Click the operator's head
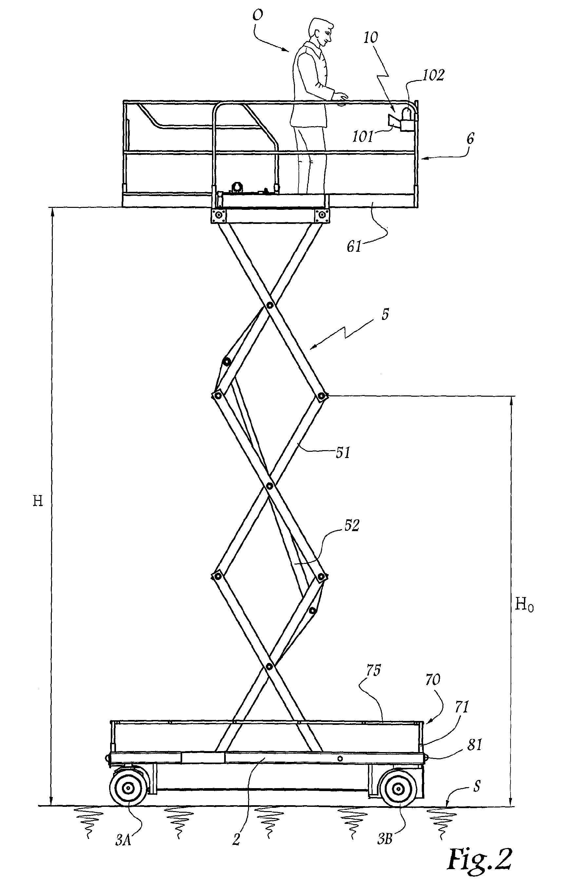coord(321,33)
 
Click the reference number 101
coord(362,137)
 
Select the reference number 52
coord(351,526)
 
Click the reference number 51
coord(343,452)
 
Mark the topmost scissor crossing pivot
coord(269,305)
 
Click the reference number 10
coord(371,37)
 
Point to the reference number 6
coord(471,139)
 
